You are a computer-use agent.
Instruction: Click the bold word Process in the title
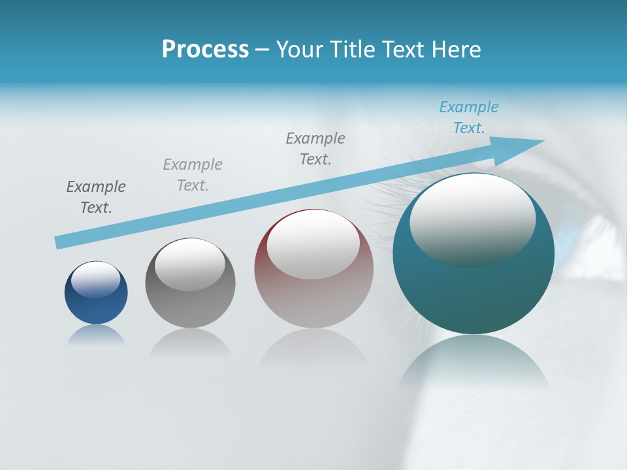pyautogui.click(x=205, y=50)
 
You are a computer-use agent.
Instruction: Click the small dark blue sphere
pyautogui.click(x=96, y=307)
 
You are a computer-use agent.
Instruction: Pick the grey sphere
pyautogui.click(x=190, y=307)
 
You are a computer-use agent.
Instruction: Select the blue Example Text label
pyautogui.click(x=468, y=117)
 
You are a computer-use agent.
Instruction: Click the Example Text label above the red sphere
pyautogui.click(x=315, y=148)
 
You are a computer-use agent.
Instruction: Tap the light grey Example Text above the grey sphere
pyautogui.click(x=193, y=174)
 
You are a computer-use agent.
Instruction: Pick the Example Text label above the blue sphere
pyautogui.click(x=96, y=196)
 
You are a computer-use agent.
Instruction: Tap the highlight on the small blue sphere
pyautogui.click(x=95, y=279)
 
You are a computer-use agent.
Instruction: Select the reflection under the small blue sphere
pyautogui.click(x=96, y=335)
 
